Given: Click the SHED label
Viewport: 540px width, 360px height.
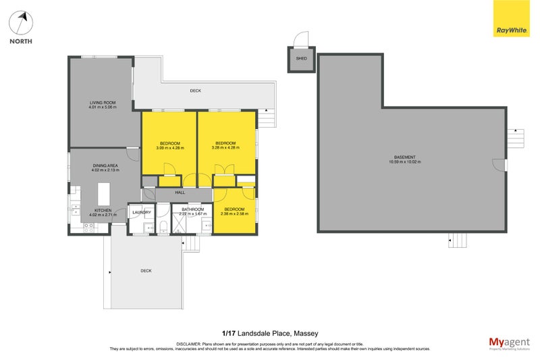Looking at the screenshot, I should [x=302, y=59].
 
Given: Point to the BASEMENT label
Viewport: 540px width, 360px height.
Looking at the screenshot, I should [x=405, y=157].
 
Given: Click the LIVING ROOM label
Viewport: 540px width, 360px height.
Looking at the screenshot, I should [x=102, y=103].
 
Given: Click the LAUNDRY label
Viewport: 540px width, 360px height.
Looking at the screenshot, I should [x=141, y=213].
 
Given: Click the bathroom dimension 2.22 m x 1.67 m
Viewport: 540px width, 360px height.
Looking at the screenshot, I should [x=192, y=213].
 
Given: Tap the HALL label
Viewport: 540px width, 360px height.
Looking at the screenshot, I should [x=180, y=193].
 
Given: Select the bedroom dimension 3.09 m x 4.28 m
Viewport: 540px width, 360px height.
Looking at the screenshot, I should [x=170, y=147].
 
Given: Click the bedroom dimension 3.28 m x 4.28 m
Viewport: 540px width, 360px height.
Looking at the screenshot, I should [x=225, y=147].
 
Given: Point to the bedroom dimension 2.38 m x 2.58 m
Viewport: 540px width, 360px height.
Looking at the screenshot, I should [x=234, y=213].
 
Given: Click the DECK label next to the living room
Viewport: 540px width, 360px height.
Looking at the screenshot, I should [x=195, y=91].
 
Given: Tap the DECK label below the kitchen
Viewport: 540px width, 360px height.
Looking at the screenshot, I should [x=146, y=271].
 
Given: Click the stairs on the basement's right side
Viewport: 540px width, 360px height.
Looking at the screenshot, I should [x=516, y=138].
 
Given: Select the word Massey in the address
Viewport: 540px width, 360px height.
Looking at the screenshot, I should [x=304, y=332].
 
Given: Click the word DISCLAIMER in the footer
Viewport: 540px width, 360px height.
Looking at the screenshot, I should [x=188, y=343].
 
